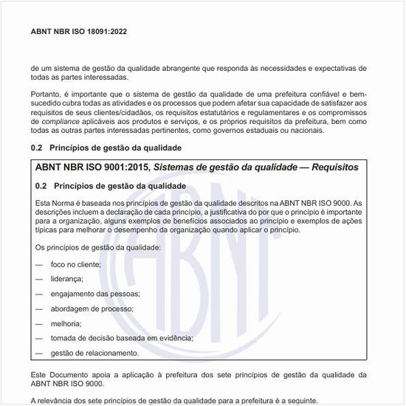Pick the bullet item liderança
coord(66,278)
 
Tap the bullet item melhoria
coord(66,323)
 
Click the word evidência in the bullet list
coord(175,337)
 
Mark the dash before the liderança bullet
coord(39,278)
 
